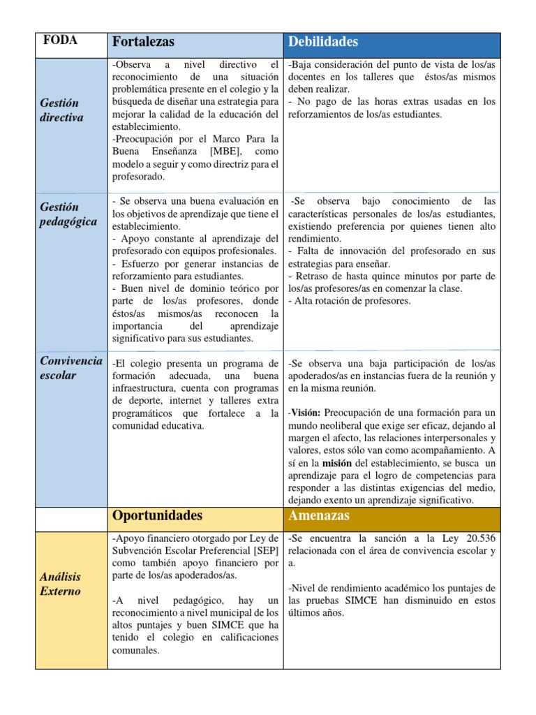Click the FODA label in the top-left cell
tap(60, 40)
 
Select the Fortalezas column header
tap(143, 42)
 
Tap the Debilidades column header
tap(323, 42)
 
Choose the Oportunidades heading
tap(157, 515)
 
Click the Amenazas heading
tap(318, 515)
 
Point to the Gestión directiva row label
tap(61, 110)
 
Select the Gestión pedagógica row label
tap(68, 214)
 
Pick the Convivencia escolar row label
tap(70, 367)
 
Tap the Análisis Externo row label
tap(61, 584)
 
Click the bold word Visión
tap(306, 413)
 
